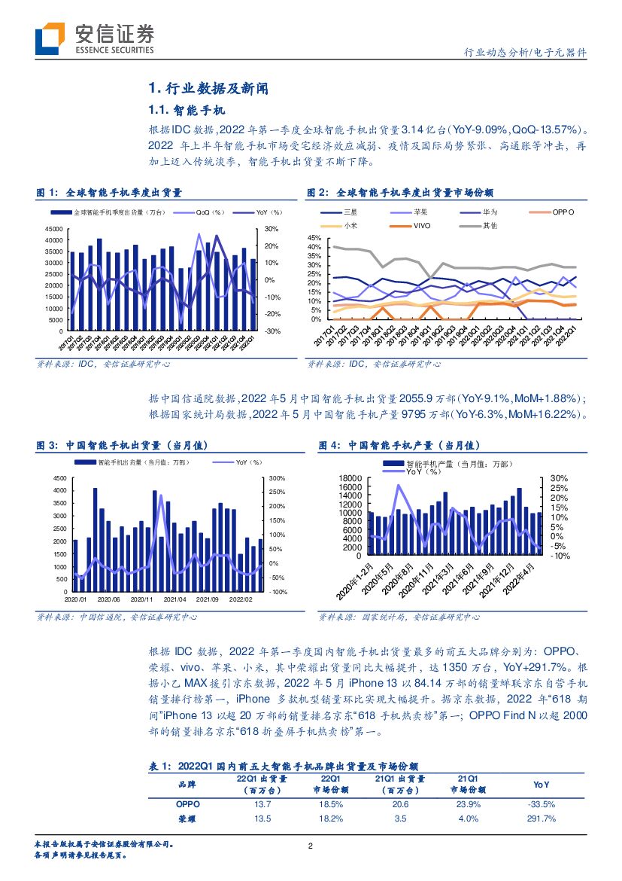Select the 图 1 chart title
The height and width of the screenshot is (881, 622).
[110, 194]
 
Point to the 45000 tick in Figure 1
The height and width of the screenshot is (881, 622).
[53, 229]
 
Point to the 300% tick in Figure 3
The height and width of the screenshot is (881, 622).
[278, 477]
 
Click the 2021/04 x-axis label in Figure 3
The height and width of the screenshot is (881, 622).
[175, 600]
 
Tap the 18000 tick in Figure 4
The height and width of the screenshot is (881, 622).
[351, 478]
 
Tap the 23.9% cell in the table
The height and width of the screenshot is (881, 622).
[468, 804]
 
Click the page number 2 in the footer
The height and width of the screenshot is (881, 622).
[311, 846]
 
